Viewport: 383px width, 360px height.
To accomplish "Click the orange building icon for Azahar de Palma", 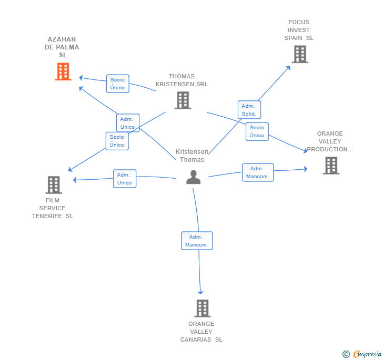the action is point(63,71).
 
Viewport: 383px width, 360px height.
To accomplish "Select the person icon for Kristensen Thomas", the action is point(194,177).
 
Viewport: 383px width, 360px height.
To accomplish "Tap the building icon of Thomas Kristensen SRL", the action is point(183,100).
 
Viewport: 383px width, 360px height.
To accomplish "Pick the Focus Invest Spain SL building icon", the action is point(300,55).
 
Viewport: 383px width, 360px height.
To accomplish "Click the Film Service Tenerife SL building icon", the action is point(54,185).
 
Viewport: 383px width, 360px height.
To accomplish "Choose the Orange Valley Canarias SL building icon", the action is point(203,308).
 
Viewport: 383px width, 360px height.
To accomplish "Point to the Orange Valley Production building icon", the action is point(331,166).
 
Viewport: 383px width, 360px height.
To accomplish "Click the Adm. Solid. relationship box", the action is point(249,110).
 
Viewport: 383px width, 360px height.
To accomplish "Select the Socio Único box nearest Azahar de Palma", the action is point(118,84).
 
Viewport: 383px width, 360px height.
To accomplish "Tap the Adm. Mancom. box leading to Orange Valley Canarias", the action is point(197,241).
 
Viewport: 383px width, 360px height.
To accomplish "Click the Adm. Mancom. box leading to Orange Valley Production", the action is point(258,172).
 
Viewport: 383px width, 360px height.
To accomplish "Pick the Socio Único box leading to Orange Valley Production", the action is point(257,131).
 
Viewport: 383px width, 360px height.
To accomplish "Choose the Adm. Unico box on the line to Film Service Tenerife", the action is point(125,179).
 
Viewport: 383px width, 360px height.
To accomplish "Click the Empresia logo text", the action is point(367,354).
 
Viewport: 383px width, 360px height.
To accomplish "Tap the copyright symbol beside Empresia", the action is point(346,354).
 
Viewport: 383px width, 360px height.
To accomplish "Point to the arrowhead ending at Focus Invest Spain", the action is point(288,68).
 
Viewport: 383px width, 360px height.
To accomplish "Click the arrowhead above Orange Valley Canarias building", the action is point(200,292).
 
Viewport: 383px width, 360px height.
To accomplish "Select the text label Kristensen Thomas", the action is point(192,156).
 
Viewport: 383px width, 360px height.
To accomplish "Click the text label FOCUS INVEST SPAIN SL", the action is point(299,30).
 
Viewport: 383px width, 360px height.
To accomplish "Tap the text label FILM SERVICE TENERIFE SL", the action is point(53,208).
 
